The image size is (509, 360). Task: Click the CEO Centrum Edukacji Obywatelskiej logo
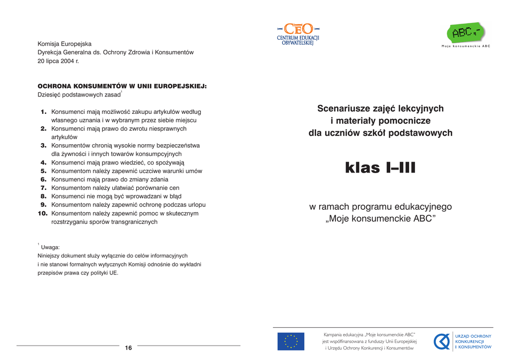point(298,34)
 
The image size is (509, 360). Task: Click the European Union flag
point(291,342)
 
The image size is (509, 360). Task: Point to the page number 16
point(128,348)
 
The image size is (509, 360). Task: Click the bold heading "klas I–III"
point(380,168)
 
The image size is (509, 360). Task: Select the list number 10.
point(42,213)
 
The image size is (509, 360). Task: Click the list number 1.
point(44,112)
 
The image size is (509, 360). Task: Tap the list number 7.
point(44,188)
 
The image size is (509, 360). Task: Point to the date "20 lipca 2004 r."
point(58,61)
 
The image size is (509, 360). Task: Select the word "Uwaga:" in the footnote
point(50,247)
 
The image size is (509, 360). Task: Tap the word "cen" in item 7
point(174,188)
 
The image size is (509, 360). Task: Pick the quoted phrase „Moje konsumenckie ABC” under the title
point(380,219)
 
